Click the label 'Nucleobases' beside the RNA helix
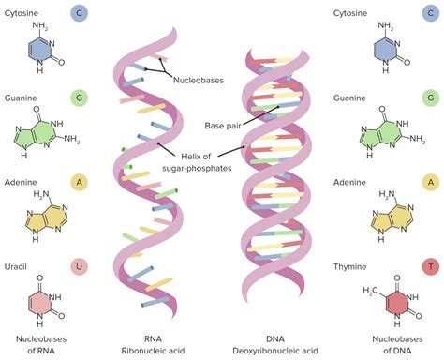(200, 80)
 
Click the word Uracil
(19, 242)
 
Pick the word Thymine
(352, 242)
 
